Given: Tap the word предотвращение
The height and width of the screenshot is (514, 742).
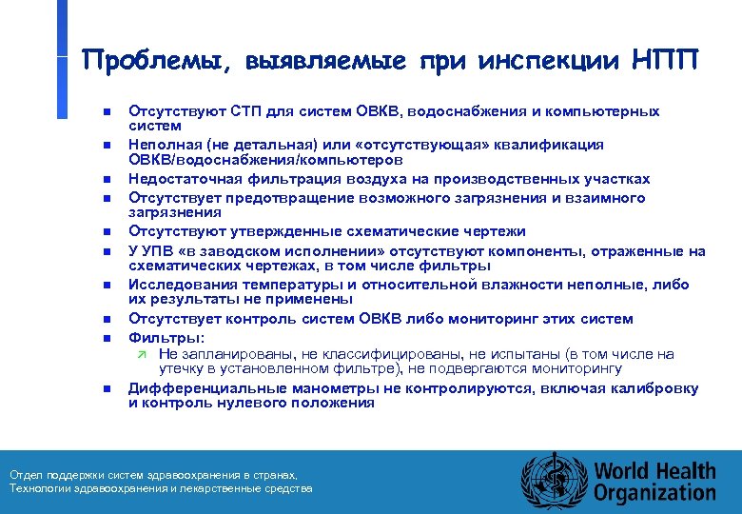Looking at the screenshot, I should tap(270, 198).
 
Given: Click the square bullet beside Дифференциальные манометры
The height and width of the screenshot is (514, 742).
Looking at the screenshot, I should tap(107, 389).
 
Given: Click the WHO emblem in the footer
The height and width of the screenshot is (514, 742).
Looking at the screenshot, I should tap(554, 481).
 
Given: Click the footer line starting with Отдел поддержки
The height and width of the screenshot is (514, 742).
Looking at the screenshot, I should tap(152, 475).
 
